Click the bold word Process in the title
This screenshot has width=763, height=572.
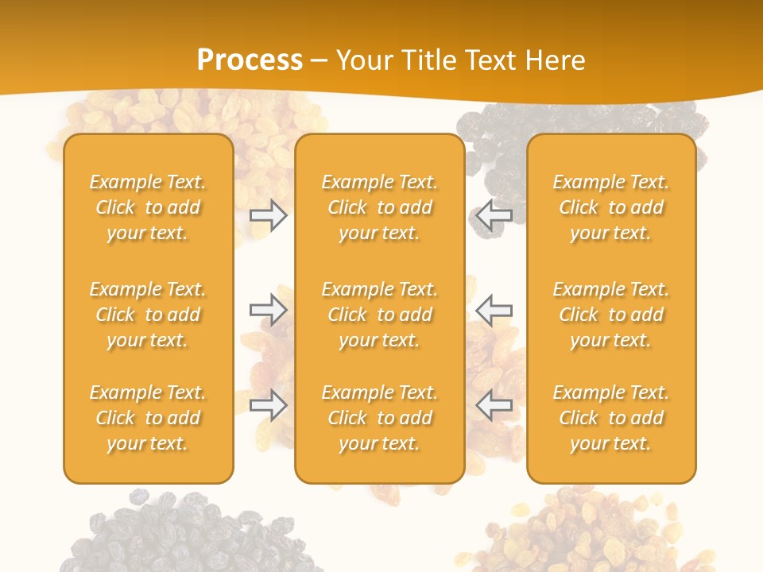point(250,60)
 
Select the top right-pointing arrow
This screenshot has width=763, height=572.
point(269,215)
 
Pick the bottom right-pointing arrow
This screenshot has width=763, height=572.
point(269,404)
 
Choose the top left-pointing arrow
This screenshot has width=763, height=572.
point(494,215)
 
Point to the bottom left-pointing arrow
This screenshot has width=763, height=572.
point(494,404)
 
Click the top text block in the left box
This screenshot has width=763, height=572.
point(148,207)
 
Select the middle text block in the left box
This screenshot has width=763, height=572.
point(148,315)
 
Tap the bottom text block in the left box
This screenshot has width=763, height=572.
point(148,418)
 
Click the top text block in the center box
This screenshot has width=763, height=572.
point(379,207)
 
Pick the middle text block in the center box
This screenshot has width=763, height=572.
point(379,315)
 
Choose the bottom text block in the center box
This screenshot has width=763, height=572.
point(379,418)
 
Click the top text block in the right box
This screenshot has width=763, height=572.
point(610,207)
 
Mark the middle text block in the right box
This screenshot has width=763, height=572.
point(610,315)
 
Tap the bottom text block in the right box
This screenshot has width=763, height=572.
point(610,418)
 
